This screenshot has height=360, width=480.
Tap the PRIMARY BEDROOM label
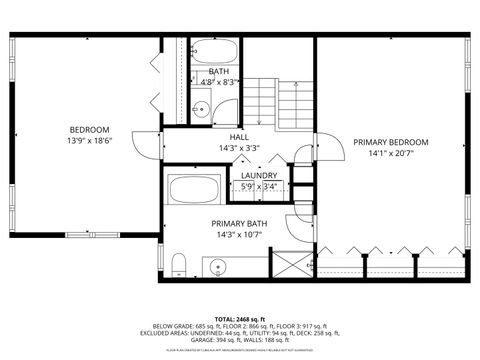(x=390, y=143)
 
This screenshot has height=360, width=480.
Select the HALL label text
(x=238, y=136)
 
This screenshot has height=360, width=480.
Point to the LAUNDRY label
(x=259, y=175)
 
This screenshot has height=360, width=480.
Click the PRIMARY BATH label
(x=237, y=224)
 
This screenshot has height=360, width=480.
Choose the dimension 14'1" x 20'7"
(x=390, y=155)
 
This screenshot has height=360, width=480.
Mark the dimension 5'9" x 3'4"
(x=259, y=186)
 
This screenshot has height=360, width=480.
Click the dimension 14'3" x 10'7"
(x=237, y=236)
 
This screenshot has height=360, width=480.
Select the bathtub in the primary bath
(x=196, y=188)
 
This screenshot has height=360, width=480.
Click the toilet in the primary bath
(x=177, y=265)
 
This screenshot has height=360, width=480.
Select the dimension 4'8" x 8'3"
(x=219, y=83)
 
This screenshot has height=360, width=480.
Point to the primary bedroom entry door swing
(x=327, y=146)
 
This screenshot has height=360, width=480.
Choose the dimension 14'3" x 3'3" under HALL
(x=238, y=148)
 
